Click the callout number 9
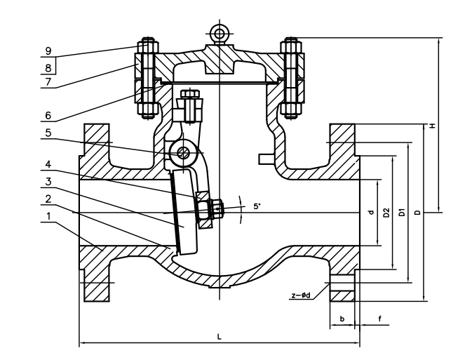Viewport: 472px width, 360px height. (48, 51)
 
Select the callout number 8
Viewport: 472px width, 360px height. (48, 68)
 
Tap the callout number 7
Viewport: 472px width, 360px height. (48, 82)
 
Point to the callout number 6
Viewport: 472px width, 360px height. (48, 115)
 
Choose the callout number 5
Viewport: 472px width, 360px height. (48, 133)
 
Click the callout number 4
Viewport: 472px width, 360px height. (48, 164)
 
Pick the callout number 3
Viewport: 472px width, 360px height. (48, 182)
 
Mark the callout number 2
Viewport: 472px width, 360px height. (48, 199)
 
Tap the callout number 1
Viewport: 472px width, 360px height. (48, 216)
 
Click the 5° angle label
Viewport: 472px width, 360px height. (257, 206)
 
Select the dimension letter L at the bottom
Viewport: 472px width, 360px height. (220, 337)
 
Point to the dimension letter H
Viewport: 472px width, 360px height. (433, 126)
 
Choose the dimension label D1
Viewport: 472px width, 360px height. (402, 213)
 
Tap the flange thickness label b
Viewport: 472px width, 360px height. (342, 319)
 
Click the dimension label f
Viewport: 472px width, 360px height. (380, 319)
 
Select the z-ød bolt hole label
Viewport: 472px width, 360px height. (301, 295)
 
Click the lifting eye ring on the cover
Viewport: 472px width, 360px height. (220, 33)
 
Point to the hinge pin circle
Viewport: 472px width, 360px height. (182, 153)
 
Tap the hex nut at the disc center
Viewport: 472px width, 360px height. (217, 208)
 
